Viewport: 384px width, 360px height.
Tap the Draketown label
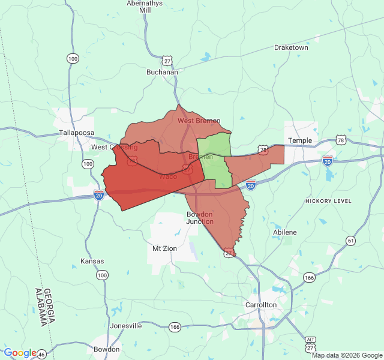291,47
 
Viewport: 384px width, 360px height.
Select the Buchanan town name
162,72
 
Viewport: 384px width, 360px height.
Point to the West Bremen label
199,121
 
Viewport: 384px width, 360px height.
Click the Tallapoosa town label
77,133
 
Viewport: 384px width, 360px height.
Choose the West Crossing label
114,147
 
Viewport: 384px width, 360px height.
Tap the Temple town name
300,140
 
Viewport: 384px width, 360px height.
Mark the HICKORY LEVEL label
328,201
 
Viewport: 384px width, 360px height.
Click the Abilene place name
284,232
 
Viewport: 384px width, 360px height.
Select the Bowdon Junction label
200,218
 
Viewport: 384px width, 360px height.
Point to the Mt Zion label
164,248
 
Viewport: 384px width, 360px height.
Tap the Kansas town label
92,261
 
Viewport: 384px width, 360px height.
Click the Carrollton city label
261,305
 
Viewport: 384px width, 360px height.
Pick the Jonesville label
126,326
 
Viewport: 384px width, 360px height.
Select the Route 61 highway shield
350,241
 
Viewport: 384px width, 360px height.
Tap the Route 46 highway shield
41,355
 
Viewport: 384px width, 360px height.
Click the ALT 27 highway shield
310,344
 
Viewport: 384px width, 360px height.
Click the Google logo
20,353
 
